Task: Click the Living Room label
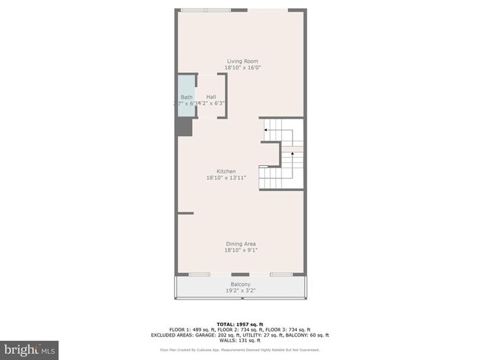point(241,61)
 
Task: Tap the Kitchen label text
point(226,171)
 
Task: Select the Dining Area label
point(241,243)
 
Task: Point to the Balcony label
point(240,284)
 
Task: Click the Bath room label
point(186,97)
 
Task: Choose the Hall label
point(211,97)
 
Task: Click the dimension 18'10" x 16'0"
point(243,68)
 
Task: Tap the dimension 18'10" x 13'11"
point(226,178)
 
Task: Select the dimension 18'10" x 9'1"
point(241,250)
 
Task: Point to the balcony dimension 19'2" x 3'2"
point(240,291)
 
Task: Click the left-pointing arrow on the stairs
point(265,129)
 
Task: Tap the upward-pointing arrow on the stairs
point(292,153)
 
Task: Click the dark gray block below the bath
point(182,126)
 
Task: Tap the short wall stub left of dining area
point(185,213)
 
